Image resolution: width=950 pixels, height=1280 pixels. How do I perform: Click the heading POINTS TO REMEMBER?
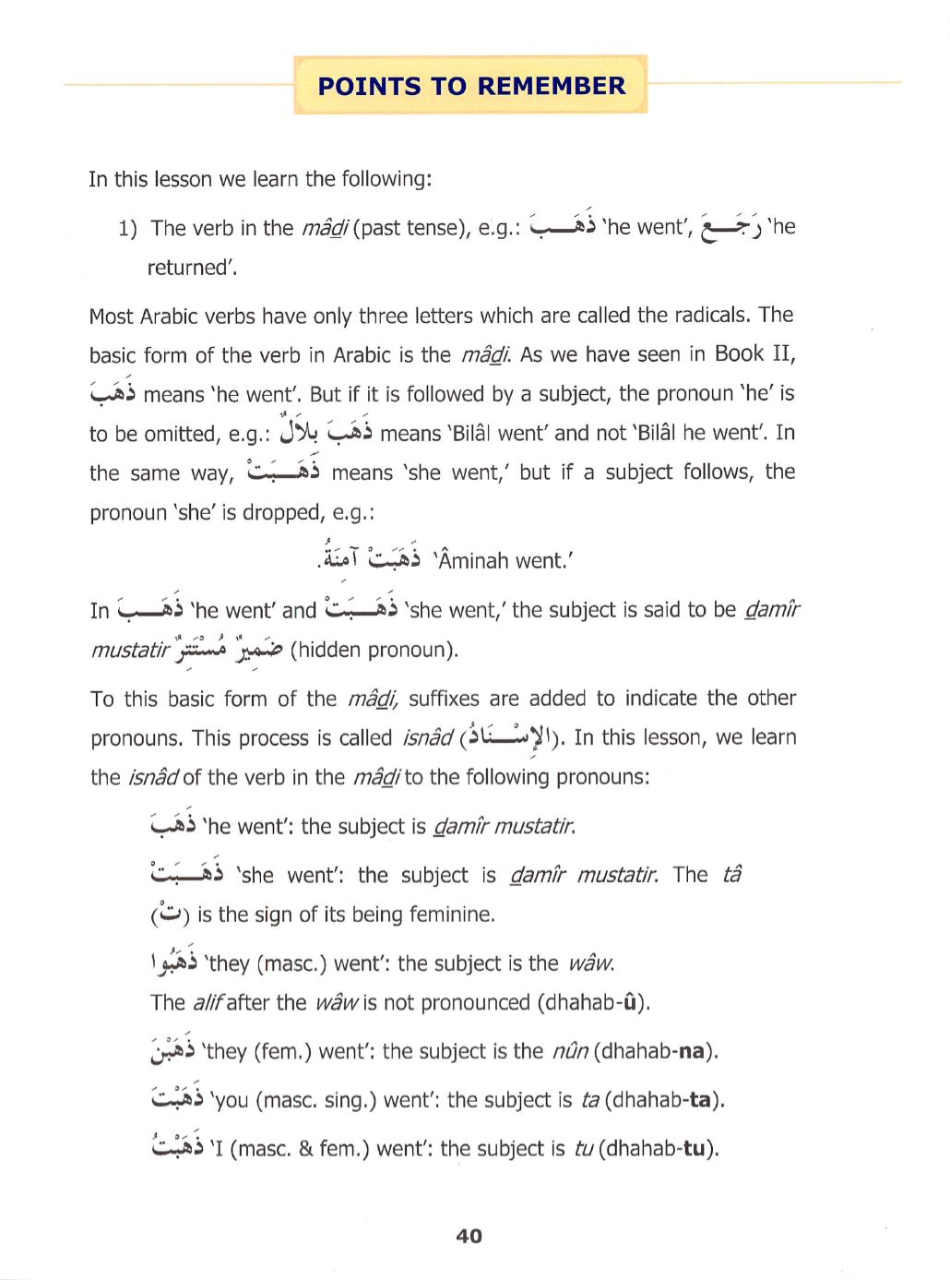tap(471, 86)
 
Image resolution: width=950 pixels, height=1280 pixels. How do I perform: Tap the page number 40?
tap(469, 1236)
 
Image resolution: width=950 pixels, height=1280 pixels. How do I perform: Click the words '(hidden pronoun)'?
tap(374, 651)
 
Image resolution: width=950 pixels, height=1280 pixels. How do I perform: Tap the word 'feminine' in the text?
tap(451, 915)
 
